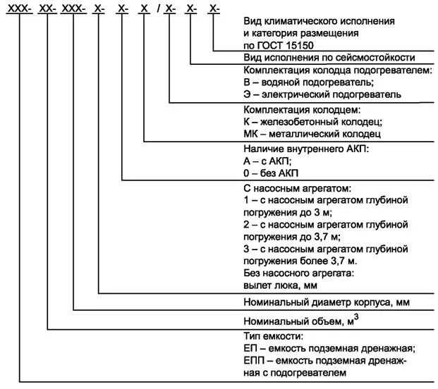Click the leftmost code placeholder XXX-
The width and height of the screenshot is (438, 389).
[x=18, y=8]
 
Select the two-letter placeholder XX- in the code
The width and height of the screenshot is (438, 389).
[x=47, y=8]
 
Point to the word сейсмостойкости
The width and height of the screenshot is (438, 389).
[x=375, y=57]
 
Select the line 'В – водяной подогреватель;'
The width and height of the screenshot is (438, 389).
[x=303, y=82]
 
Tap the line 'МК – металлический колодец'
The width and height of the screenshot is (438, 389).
[x=311, y=133]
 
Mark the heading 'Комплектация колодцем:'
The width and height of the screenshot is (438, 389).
[x=301, y=110]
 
